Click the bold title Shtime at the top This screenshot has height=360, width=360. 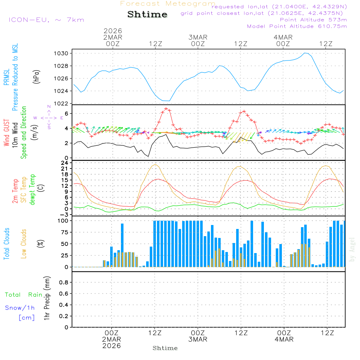coord(148,14)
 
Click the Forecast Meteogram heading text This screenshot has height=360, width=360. coord(168,4)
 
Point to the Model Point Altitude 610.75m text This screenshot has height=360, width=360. coord(297,26)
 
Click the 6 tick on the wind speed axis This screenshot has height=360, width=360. coord(66,114)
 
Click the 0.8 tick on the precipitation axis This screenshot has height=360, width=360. coord(63,283)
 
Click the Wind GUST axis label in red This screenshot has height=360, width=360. coord(6,133)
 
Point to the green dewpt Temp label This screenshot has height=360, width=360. coord(32,190)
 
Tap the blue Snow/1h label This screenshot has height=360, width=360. coord(20,308)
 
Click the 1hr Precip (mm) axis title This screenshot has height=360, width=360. coord(47,298)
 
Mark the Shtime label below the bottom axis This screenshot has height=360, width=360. coord(165,348)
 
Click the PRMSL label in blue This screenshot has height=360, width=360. coord(6,78)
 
